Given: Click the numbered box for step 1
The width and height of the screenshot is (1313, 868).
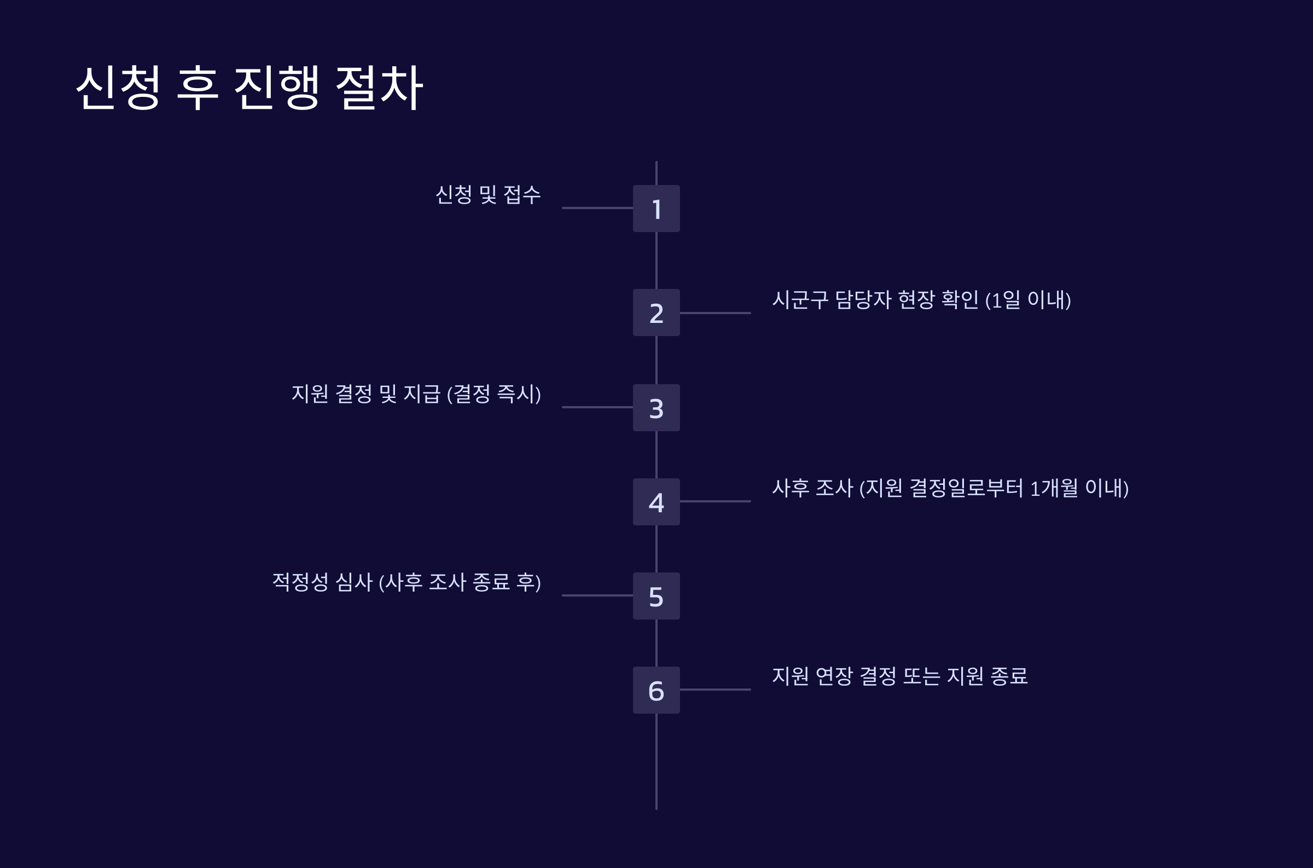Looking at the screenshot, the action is (x=656, y=208).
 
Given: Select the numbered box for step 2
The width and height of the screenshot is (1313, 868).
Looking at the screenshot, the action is (x=656, y=312).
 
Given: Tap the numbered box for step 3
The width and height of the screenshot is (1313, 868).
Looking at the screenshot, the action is (x=656, y=407).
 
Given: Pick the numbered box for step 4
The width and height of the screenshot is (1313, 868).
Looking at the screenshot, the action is (x=656, y=501).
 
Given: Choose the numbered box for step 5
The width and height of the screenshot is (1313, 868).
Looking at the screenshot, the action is (x=656, y=595).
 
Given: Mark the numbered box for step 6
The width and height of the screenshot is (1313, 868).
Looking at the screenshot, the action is (x=656, y=690).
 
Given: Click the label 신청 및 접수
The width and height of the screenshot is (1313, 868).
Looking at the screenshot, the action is (x=488, y=195).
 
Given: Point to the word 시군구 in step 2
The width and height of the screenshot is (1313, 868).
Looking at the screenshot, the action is (x=800, y=299).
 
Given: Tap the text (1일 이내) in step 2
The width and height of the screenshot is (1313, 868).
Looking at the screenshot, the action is (x=1028, y=300).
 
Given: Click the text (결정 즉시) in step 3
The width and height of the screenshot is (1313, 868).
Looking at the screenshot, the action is (x=493, y=394).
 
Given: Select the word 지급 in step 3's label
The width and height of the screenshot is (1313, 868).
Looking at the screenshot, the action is (x=422, y=394).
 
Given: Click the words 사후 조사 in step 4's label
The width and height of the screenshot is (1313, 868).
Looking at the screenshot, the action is (x=812, y=488).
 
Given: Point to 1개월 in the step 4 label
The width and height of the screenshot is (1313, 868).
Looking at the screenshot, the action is (x=1054, y=488).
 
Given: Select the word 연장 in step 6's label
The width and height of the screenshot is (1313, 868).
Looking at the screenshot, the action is (x=834, y=676).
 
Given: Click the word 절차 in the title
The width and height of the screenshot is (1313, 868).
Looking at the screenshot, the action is (x=380, y=88).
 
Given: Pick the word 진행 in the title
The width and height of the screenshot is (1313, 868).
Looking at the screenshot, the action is (x=277, y=88).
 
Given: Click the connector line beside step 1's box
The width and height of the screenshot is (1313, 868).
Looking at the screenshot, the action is (x=597, y=208).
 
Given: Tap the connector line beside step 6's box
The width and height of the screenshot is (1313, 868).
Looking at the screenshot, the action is (x=716, y=690).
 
